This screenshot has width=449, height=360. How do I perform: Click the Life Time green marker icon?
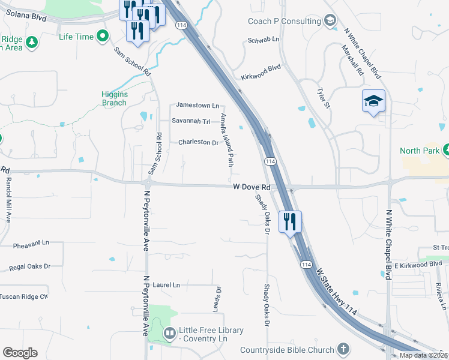coord(103,37)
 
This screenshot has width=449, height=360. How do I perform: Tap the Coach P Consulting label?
coord(285,21)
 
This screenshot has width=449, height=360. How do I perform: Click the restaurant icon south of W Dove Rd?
coord(290,221)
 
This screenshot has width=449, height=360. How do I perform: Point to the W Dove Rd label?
coord(252,187)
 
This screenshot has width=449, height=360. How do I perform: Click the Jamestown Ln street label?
coord(197,106)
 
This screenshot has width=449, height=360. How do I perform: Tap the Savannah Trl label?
coord(191,121)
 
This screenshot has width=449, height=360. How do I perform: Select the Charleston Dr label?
coord(198,142)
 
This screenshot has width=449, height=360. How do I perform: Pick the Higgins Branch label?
coord(114,98)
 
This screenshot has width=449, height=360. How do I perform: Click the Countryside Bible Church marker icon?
coord(343,349)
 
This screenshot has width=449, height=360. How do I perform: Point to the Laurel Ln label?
coord(166,284)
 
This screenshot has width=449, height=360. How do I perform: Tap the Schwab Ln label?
coord(264,40)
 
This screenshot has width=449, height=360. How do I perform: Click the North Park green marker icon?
coord(447,150)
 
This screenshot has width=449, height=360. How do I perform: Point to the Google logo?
coord(19,353)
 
